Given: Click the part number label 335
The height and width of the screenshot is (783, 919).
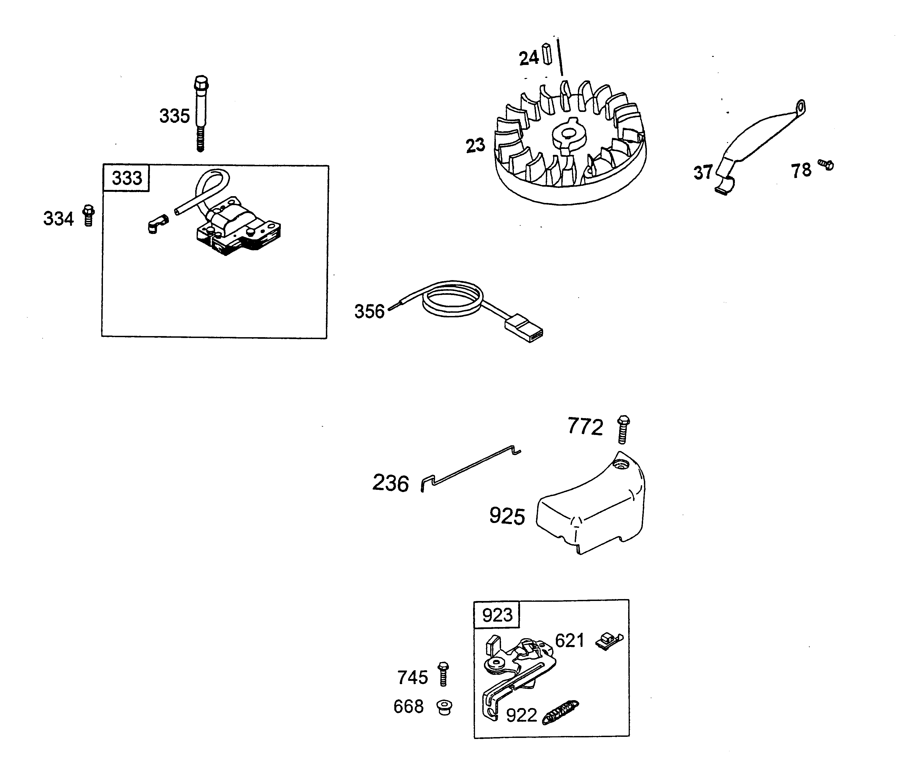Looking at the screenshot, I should (174, 116).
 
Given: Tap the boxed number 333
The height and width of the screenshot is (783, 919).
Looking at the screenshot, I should (126, 178).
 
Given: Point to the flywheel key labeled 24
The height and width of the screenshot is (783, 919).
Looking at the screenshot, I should (547, 54).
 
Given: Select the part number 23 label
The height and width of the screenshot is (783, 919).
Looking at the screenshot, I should (476, 146).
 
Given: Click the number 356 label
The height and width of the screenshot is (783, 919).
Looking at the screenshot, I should (369, 312).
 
